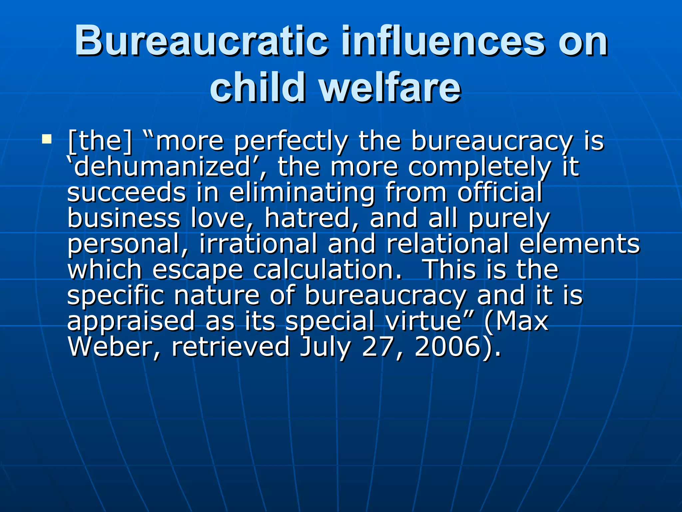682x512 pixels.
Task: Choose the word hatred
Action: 311,218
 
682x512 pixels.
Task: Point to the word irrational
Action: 258,243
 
